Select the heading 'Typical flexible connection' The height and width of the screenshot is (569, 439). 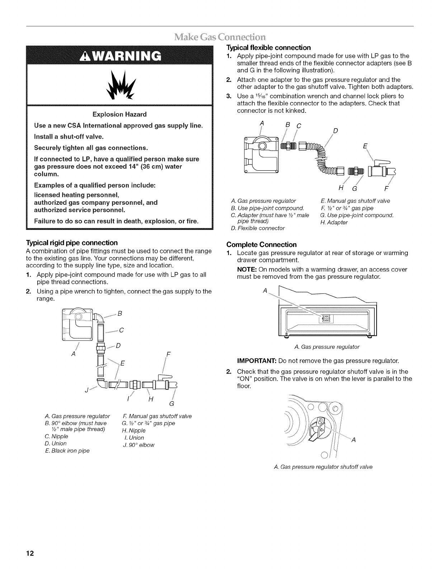[x=268, y=47]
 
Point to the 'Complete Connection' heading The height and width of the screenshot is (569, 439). [x=261, y=245]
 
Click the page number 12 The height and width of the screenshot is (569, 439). [x=29, y=553]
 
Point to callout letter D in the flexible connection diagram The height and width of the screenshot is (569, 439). [x=335, y=130]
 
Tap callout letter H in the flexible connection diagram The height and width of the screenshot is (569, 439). [x=340, y=188]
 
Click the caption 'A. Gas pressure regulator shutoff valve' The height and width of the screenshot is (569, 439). [x=323, y=467]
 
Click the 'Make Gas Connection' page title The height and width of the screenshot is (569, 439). [x=219, y=37]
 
